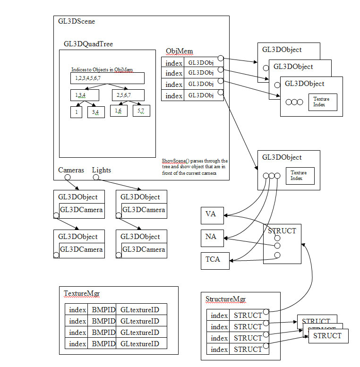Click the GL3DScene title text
(77, 22)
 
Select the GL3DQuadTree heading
(88, 44)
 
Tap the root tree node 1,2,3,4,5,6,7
(107, 78)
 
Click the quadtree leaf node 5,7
(141, 111)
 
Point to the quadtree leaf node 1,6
(119, 110)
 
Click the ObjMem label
(179, 51)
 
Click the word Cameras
(71, 170)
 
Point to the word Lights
(102, 170)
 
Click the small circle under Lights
(96, 178)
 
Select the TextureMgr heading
(82, 294)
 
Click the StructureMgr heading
(226, 299)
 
